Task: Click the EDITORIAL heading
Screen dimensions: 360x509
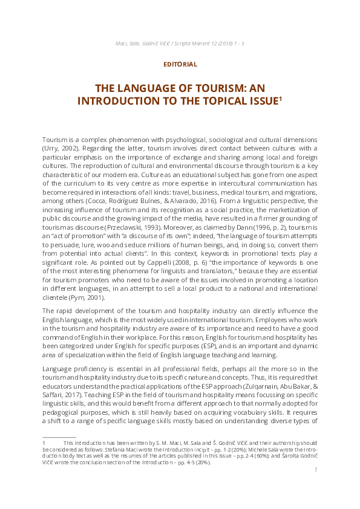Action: tap(180, 63)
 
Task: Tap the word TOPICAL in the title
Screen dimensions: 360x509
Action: tap(219, 101)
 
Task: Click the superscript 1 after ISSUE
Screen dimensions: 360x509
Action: tap(280, 98)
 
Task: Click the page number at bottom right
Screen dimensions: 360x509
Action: tap(316, 486)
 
